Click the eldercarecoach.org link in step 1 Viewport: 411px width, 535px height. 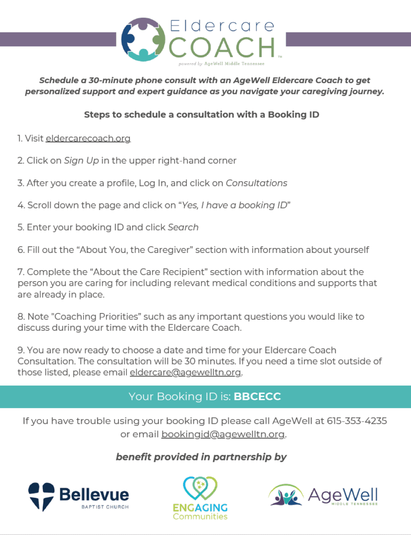tap(88, 138)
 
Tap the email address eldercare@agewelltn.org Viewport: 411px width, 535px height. tap(186, 373)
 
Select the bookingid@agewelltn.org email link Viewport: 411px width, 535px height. tap(224, 434)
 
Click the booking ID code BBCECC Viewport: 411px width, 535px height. tap(257, 397)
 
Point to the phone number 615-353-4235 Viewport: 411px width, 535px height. tap(357, 421)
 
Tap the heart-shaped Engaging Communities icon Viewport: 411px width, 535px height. tap(201, 488)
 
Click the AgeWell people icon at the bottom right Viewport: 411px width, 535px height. tap(285, 495)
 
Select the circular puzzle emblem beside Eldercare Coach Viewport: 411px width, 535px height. tap(143, 39)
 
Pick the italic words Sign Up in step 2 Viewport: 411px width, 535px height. tap(81, 160)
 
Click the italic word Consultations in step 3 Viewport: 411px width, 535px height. tap(256, 183)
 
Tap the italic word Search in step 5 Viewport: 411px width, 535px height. tap(183, 227)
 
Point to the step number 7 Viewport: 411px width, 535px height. tap(20, 272)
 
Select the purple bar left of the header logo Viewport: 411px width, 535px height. tap(57, 39)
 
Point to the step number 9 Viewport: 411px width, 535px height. tap(20, 350)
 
